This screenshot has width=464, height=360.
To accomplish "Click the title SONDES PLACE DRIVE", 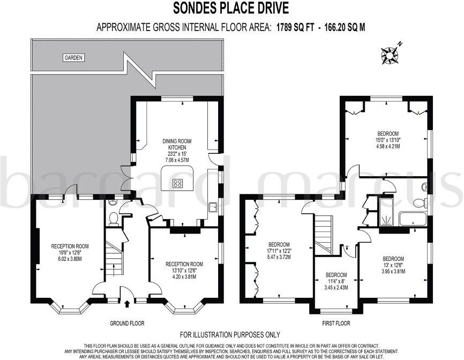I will point(231,8).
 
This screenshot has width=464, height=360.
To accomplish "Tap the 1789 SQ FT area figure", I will point(294,27).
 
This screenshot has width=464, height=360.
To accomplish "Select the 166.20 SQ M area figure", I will point(343,27).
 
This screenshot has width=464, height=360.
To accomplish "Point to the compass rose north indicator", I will point(390,54).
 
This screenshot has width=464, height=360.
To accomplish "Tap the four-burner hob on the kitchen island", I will point(178,183).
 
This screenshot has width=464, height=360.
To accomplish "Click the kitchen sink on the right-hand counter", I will point(212,207).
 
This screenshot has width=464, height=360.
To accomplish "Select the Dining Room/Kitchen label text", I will point(177,145).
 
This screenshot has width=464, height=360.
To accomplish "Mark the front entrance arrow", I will point(126,305).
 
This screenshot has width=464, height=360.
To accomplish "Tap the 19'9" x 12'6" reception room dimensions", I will point(70,252).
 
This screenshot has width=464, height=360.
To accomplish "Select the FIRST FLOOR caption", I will point(335,323).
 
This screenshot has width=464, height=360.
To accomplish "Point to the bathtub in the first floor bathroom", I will point(413,219).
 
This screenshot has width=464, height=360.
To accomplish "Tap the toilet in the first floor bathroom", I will point(420,202).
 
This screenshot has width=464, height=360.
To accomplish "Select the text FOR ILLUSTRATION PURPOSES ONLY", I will point(230,335).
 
